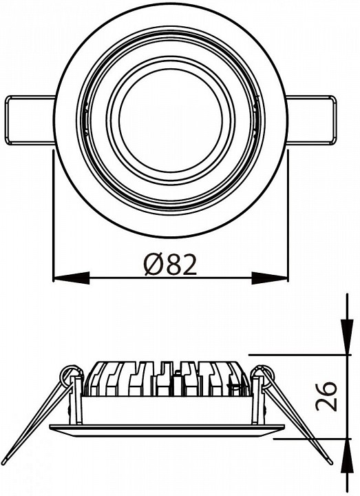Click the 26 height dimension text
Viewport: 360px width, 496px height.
coord(326,396)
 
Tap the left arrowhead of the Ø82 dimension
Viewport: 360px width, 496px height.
coord(72,278)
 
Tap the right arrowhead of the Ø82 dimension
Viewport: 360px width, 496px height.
coord(270,278)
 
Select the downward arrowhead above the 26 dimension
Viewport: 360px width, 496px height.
coord(347,337)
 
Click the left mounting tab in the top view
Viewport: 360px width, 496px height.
coord(30,120)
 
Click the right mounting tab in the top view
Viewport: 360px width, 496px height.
coord(310,120)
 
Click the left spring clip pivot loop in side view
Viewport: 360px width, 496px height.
coord(70,375)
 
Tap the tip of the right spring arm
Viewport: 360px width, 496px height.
coord(330,462)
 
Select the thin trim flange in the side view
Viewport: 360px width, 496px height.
coord(167,430)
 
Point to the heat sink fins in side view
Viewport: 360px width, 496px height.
coord(167,378)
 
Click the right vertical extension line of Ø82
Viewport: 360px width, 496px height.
coord(288,216)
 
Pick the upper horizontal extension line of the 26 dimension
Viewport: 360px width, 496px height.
coord(300,355)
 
